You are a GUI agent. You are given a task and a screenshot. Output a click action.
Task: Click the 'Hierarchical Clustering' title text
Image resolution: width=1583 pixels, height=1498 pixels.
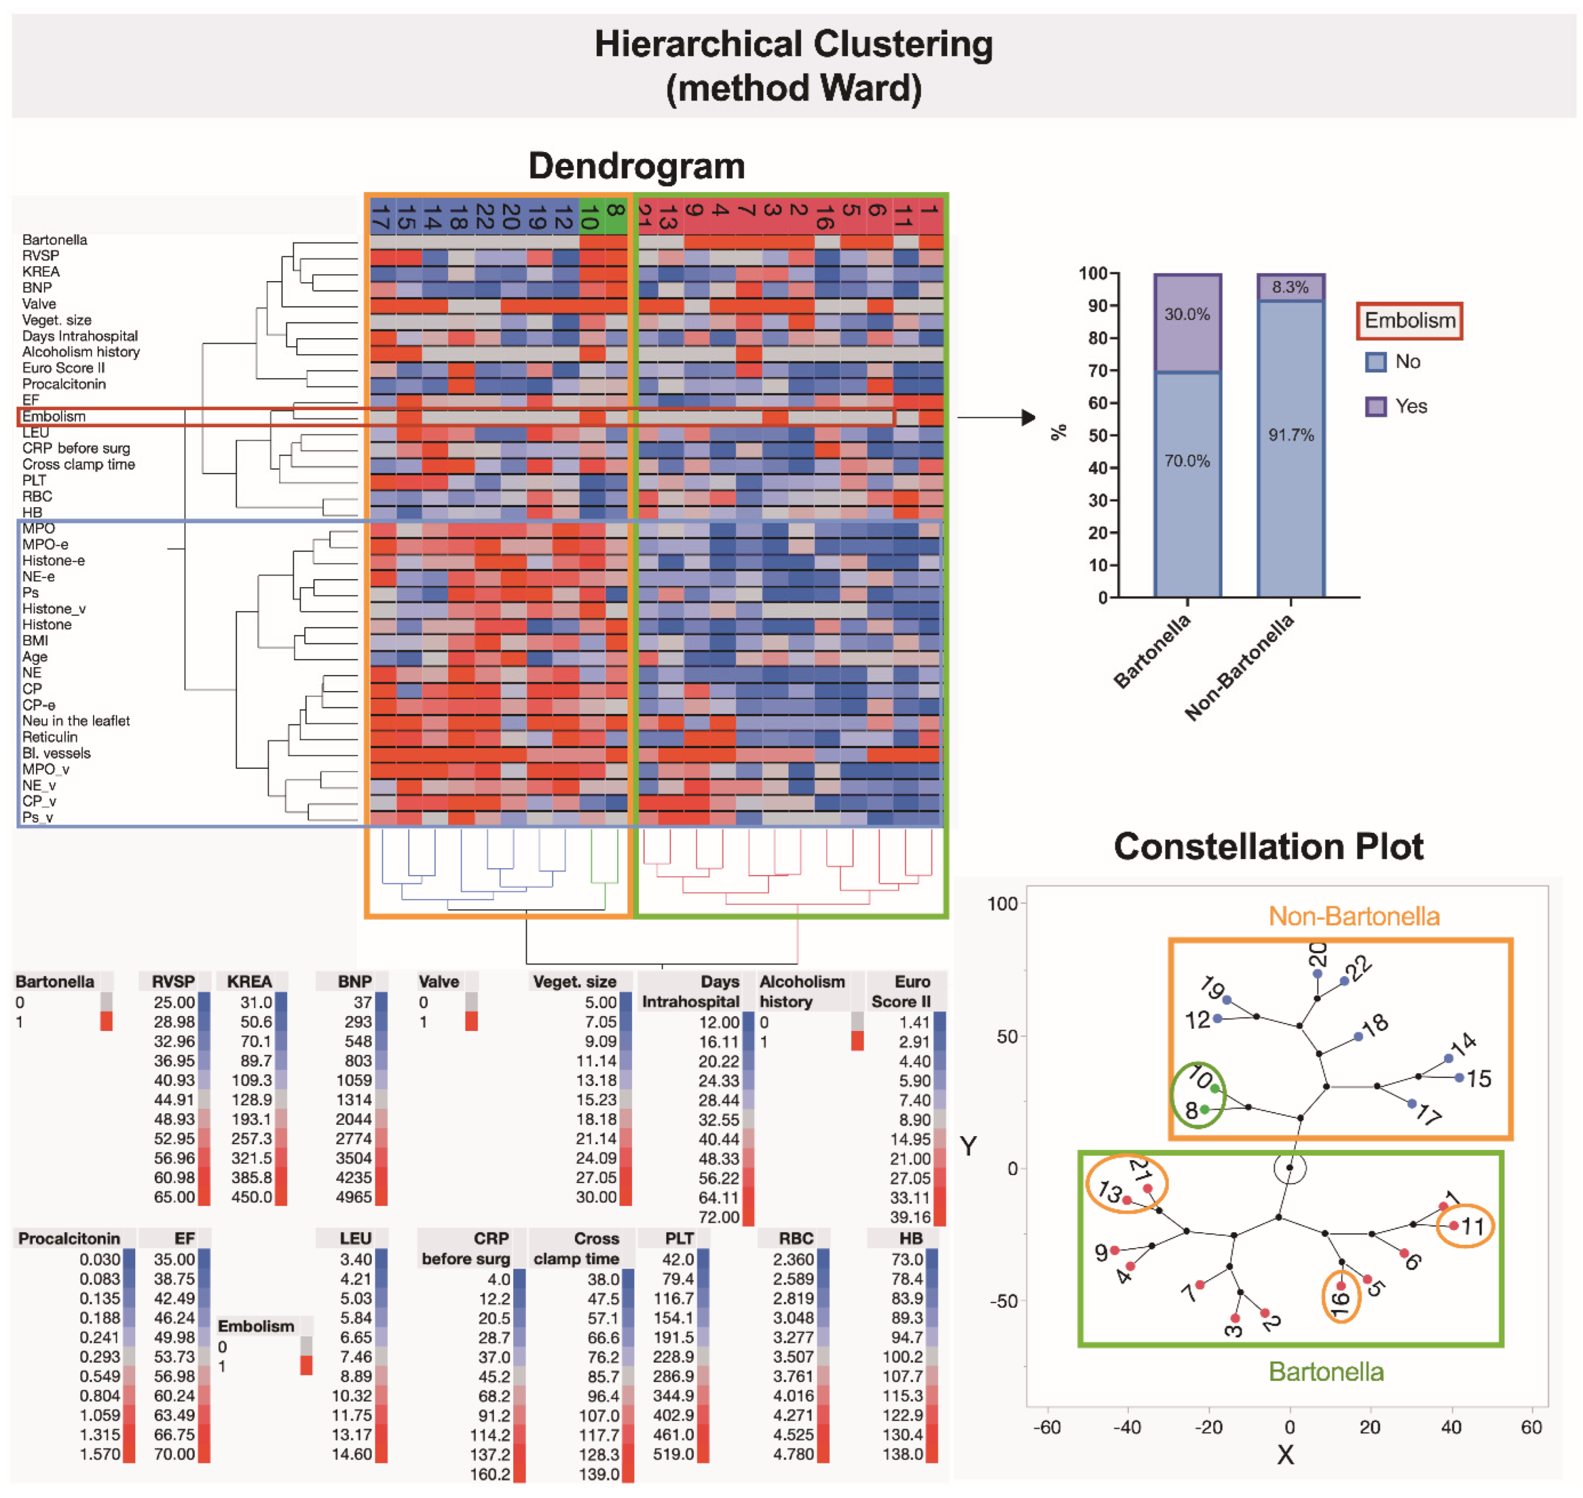[x=793, y=45]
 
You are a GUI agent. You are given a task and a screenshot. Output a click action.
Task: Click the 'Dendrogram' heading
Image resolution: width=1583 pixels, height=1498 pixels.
[x=636, y=166]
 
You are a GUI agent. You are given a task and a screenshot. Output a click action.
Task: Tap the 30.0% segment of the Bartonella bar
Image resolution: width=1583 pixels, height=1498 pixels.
[x=1187, y=323]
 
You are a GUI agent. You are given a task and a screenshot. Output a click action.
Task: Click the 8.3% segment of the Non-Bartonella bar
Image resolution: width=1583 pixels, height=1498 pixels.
[x=1290, y=287]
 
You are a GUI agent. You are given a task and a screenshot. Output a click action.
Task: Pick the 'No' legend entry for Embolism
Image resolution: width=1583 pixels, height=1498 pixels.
[x=1408, y=362]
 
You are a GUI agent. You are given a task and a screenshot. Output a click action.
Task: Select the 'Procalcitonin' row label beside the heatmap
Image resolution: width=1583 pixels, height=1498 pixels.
[x=64, y=384]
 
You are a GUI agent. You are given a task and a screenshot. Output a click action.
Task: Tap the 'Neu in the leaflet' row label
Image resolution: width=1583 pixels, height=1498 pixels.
[x=76, y=721]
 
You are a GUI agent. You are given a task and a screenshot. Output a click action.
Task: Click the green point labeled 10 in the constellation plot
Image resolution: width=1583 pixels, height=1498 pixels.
[x=1214, y=1088]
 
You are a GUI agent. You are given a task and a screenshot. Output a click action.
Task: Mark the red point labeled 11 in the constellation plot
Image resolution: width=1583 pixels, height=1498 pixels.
[x=1454, y=1226]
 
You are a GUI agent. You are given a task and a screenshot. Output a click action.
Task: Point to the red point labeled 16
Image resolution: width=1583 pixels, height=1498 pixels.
[x=1341, y=1286]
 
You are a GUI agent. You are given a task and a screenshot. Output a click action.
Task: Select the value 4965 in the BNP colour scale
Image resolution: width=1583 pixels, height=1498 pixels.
[x=353, y=1197]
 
